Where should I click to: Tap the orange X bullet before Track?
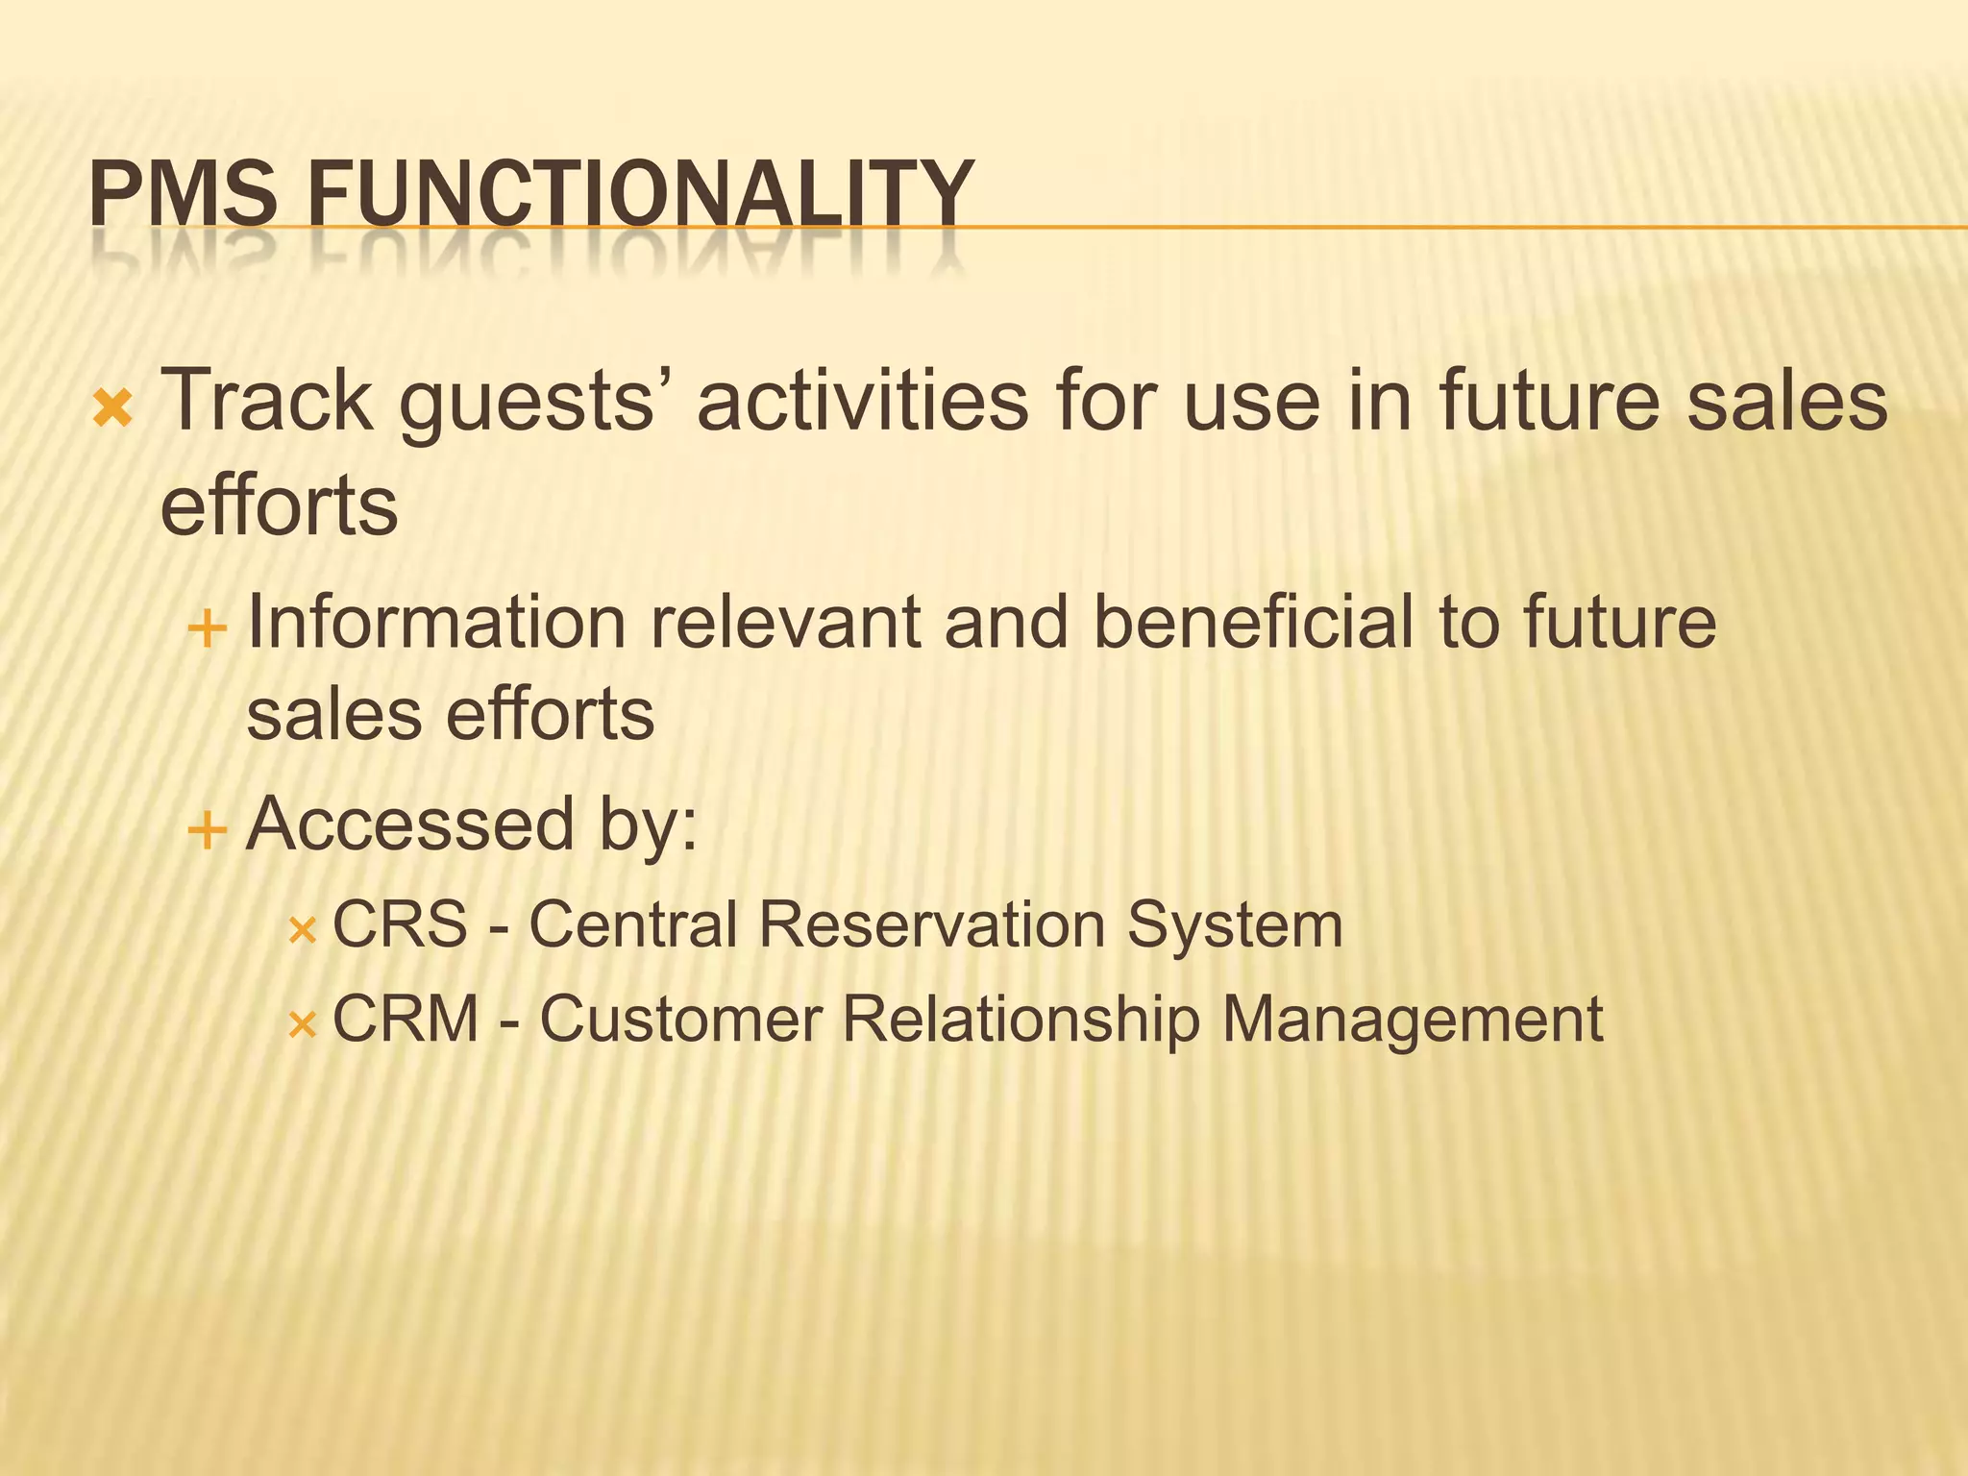112,410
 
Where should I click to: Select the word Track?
266,401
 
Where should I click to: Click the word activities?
862,401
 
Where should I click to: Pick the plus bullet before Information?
207,631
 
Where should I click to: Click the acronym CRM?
406,1019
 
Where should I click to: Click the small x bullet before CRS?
302,930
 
